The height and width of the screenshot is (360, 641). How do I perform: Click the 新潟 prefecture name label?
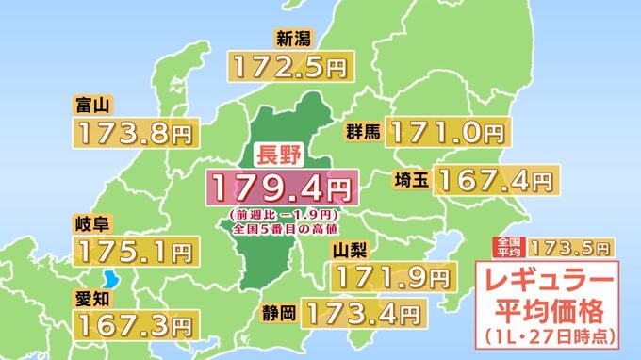pyautogui.click(x=292, y=39)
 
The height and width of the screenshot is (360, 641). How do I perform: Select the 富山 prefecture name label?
pyautogui.click(x=90, y=105)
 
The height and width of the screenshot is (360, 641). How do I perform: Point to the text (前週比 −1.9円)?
pyautogui.click(x=282, y=215)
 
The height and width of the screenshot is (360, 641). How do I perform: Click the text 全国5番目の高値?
pyautogui.click(x=282, y=230)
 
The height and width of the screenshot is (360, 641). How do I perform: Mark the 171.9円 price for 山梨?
pyautogui.click(x=391, y=277)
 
